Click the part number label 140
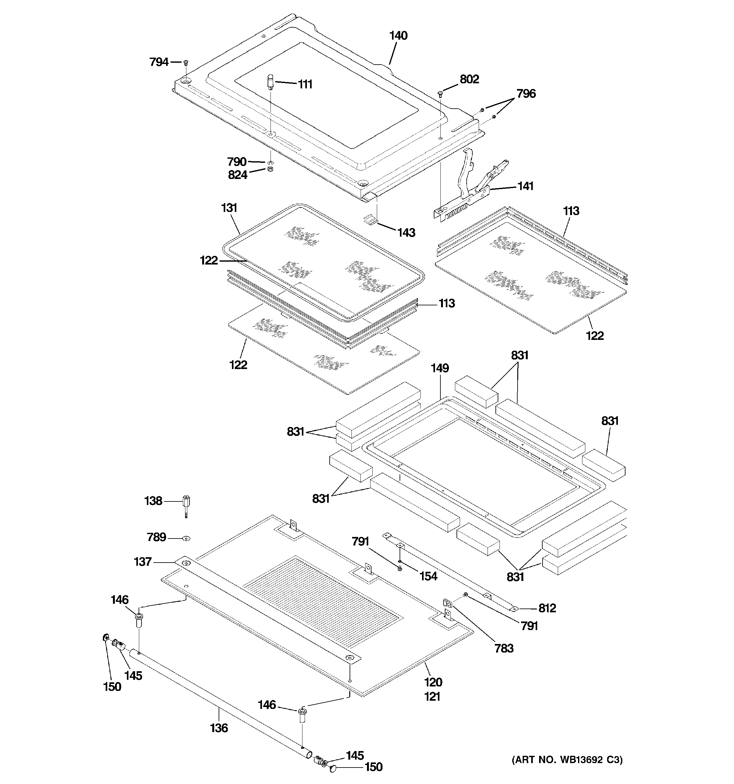click(398, 35)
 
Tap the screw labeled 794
click(186, 62)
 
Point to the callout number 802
click(469, 79)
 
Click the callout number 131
click(229, 208)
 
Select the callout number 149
click(439, 368)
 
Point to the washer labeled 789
click(186, 538)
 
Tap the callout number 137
click(143, 562)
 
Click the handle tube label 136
click(219, 728)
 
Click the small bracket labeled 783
click(447, 602)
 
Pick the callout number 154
click(428, 576)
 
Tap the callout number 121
click(432, 697)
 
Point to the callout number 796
click(526, 94)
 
